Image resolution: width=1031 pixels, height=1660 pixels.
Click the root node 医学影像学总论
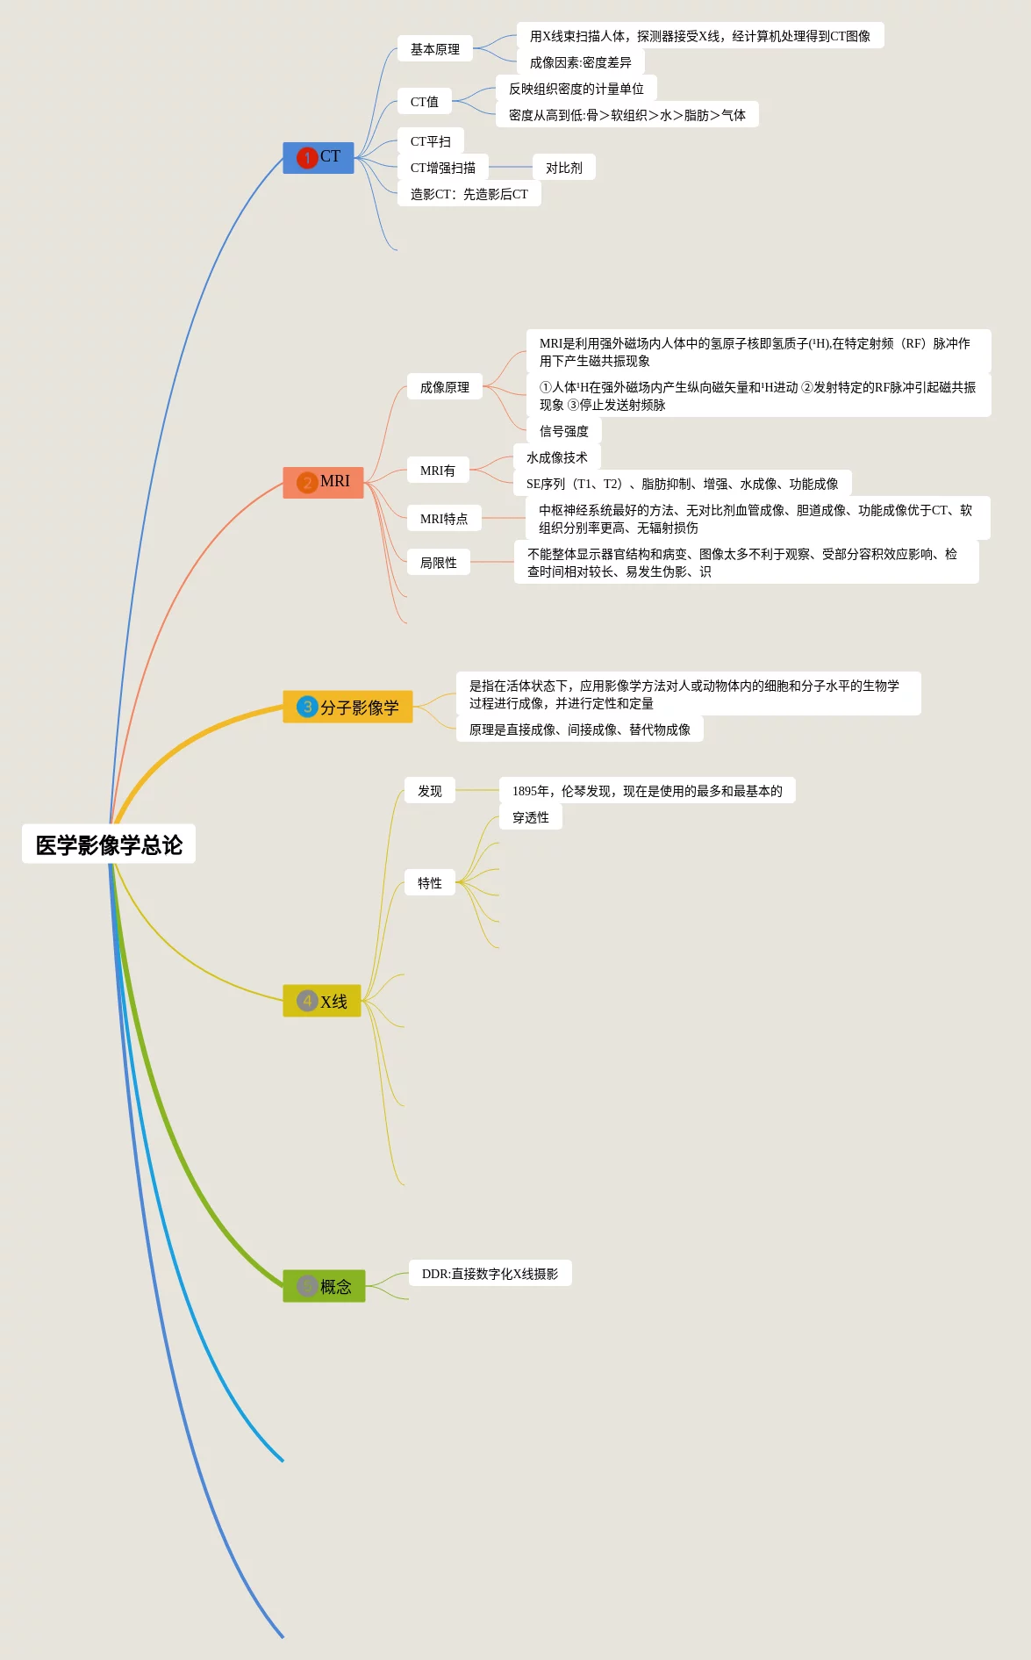(109, 844)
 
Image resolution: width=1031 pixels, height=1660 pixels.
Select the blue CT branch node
(318, 157)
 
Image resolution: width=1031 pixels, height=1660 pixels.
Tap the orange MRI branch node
(323, 482)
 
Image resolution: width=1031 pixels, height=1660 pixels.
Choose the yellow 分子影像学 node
(347, 707)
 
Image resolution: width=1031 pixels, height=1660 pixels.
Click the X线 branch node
(321, 1001)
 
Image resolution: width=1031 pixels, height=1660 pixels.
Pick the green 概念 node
(324, 1286)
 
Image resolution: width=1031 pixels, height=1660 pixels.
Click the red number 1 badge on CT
(307, 158)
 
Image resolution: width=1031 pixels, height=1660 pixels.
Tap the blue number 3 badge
(307, 707)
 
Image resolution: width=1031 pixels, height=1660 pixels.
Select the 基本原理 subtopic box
(435, 49)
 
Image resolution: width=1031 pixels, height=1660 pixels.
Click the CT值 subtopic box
(425, 102)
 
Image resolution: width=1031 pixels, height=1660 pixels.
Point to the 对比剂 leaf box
(564, 168)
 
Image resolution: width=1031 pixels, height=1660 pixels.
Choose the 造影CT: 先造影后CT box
(469, 194)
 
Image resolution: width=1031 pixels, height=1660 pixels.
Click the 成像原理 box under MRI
(445, 387)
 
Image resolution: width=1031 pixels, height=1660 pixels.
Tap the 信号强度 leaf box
(564, 431)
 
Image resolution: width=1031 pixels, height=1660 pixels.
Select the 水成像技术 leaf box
(557, 457)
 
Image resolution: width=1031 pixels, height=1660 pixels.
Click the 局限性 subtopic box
(439, 563)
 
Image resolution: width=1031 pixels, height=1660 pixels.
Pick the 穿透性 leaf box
(531, 817)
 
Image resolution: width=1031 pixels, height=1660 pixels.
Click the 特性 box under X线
(430, 883)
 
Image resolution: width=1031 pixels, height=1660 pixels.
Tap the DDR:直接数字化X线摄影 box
(490, 1274)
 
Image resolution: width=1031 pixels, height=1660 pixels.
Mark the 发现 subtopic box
(430, 791)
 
